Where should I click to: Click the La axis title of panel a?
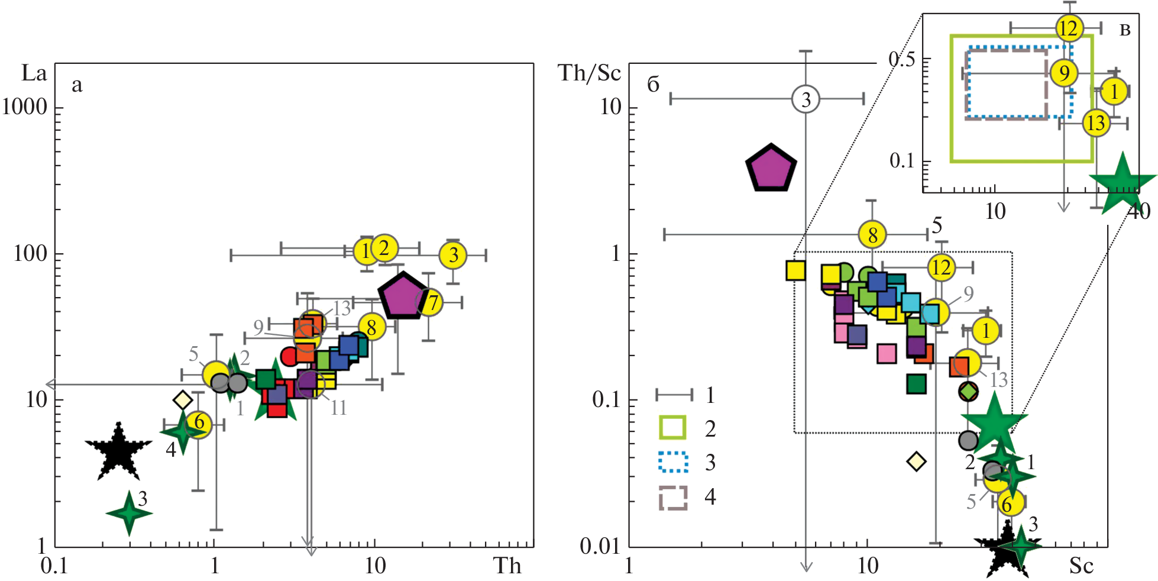[x=34, y=73]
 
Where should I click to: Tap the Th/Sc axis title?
[x=589, y=73]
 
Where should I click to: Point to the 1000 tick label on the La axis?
[x=24, y=107]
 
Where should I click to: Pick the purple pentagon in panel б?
[x=771, y=169]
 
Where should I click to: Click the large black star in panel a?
[x=118, y=451]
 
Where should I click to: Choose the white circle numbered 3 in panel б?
[x=806, y=99]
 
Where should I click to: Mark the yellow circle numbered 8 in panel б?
[x=872, y=235]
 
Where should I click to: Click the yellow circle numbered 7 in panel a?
[x=432, y=302]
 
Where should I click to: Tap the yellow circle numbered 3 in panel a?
[x=453, y=255]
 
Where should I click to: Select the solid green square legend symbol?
[x=672, y=427]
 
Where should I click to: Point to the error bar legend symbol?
[x=674, y=395]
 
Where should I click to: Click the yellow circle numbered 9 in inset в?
[x=1065, y=73]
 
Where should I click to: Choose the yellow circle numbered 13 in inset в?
[x=1096, y=123]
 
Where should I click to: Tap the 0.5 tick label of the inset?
[x=901, y=59]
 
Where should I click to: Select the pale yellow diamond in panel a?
[x=183, y=400]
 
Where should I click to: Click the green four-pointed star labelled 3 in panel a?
[x=129, y=512]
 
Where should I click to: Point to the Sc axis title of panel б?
[x=1081, y=566]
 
